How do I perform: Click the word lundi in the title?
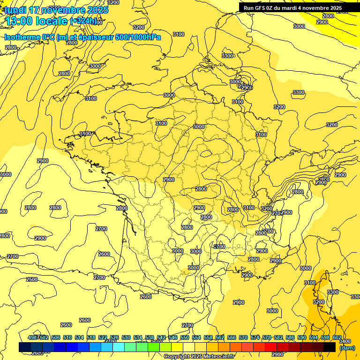[x=15, y=10]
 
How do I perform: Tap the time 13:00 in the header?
[x=19, y=21]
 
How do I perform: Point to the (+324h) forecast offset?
[x=83, y=21]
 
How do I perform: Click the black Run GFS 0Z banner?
[x=292, y=8]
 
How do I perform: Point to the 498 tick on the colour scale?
[x=33, y=337]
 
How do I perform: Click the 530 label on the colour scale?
[x=126, y=337]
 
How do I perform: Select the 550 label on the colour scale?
[x=184, y=337]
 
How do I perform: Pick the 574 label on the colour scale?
[x=255, y=337]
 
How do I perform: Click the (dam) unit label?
[x=347, y=348]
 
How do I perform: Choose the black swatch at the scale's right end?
[x=330, y=347]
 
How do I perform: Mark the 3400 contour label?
[x=345, y=342]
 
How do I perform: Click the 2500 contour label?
[x=31, y=280]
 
